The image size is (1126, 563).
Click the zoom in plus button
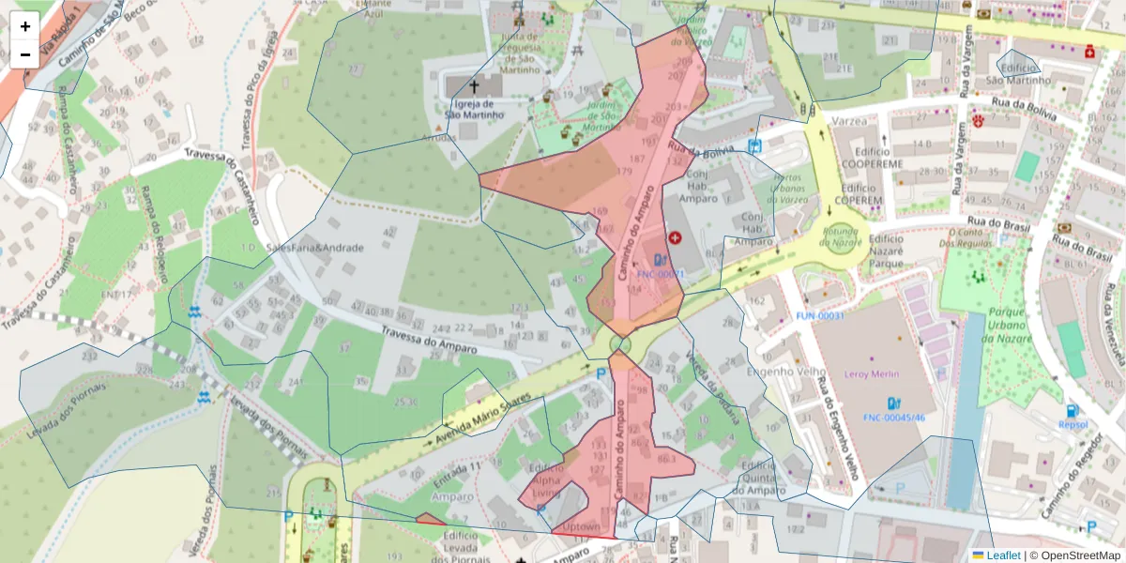click(25, 26)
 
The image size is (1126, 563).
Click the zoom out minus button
click(25, 54)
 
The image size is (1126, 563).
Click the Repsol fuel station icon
click(1073, 410)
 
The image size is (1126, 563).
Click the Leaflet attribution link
click(1002, 555)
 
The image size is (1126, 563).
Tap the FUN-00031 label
click(820, 316)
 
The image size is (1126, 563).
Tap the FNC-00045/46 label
click(894, 418)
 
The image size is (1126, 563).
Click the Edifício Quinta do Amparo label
click(761, 477)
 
